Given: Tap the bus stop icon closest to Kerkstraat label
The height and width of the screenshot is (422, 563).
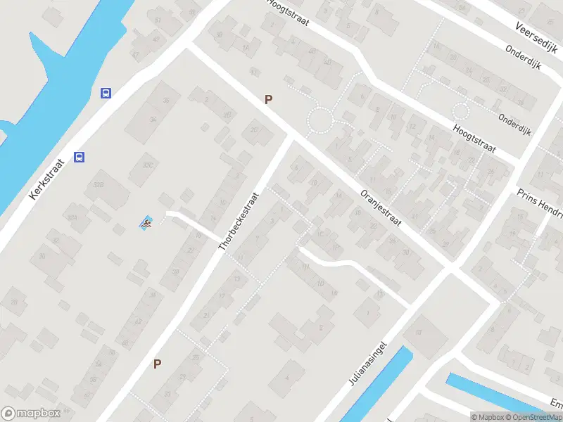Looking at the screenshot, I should [x=80, y=158].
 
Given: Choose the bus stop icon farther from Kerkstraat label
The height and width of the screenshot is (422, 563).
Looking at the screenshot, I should [x=106, y=93].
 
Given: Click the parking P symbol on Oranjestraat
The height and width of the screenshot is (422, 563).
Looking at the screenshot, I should [x=268, y=100].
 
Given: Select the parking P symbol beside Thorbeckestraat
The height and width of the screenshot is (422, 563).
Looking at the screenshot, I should [x=158, y=364].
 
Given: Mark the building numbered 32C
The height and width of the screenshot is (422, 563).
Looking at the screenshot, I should [x=147, y=164].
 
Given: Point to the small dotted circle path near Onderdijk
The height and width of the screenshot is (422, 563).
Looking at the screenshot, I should [x=461, y=110].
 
